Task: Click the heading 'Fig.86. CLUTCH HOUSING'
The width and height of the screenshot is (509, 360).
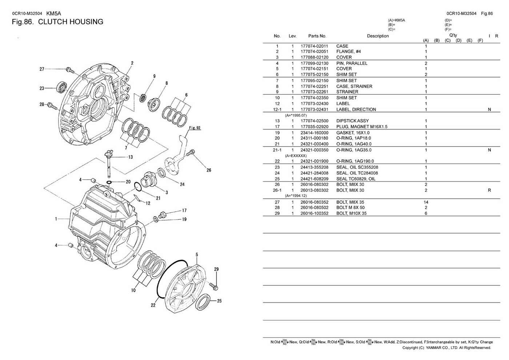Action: pos(57,22)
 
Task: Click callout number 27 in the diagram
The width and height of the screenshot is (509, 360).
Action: pos(42,69)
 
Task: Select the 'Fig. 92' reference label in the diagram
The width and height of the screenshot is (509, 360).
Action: pos(195,128)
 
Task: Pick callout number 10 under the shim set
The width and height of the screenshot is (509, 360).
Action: pos(133,290)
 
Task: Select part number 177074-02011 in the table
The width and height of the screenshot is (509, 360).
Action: pos(314,46)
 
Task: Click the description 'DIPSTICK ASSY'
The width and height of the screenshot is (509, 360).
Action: pos(352,121)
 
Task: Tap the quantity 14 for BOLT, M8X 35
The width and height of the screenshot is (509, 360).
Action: pos(426,202)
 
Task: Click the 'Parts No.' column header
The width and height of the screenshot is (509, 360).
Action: pos(317,36)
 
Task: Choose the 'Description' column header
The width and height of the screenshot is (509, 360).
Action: pos(378,36)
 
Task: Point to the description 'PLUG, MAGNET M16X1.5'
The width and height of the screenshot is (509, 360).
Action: pos(362,127)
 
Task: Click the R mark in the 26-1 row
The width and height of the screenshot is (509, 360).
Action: pos(489,190)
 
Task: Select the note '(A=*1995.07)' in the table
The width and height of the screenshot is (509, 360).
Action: pos(296,115)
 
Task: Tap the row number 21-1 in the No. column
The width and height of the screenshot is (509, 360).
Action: pos(277,150)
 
